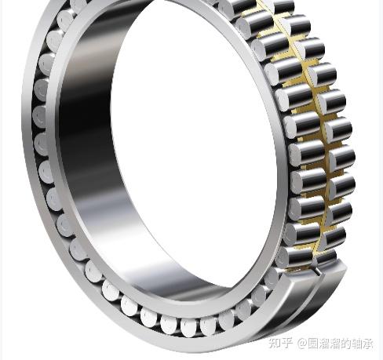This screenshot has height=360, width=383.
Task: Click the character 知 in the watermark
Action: (275, 344)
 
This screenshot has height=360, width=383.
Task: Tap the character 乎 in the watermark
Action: (287, 344)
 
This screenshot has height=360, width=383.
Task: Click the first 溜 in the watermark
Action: (324, 344)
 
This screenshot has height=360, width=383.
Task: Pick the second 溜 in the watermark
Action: (336, 344)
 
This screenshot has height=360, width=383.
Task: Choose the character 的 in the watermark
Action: (347, 344)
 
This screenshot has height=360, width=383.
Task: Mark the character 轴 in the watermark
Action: (357, 344)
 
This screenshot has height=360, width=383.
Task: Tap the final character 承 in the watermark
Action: (368, 344)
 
